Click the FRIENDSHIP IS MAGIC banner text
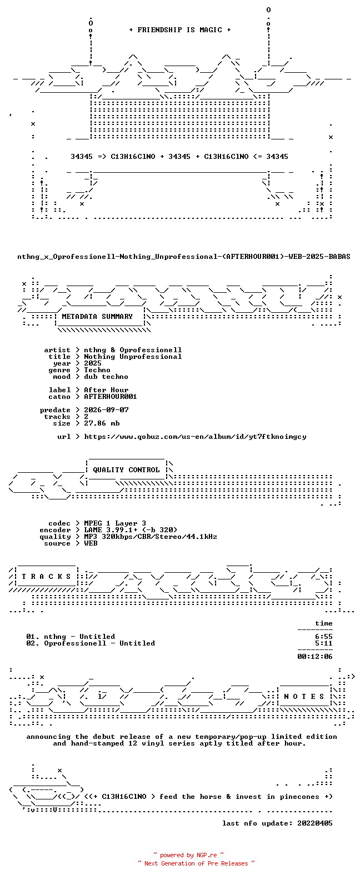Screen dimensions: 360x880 click(180, 30)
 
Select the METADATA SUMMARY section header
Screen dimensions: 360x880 click(97, 317)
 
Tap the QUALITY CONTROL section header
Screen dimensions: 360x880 click(126, 470)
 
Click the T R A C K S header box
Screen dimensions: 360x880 click(46, 577)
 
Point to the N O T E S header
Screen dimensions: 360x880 click(304, 697)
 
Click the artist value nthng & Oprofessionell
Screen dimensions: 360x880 click(133, 350)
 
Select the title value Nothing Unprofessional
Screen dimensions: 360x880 click(133, 357)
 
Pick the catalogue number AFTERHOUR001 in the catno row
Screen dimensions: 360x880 click(111, 397)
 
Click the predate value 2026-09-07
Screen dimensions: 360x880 click(106, 410)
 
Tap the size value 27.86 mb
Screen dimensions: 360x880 click(102, 423)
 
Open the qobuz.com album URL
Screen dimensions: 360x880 click(195, 437)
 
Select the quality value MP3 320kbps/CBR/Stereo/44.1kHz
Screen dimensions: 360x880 click(151, 537)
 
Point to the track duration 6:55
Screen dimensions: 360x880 click(324, 637)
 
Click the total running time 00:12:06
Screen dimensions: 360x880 click(315, 657)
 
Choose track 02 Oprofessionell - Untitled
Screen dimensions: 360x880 click(91, 643)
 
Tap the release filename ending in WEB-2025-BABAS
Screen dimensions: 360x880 click(183, 257)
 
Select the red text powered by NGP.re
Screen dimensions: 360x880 click(189, 855)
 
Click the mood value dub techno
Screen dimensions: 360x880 click(106, 377)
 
